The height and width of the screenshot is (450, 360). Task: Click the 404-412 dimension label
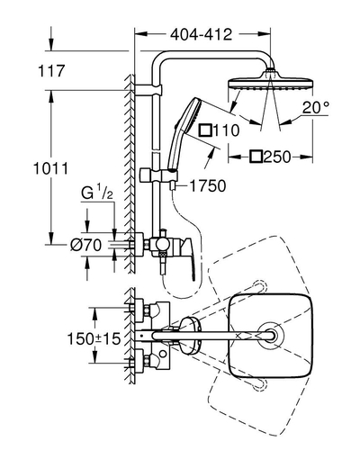[x=201, y=35]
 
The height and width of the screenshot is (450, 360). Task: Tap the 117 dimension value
[x=51, y=71]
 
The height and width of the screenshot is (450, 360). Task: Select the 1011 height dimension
[x=50, y=168]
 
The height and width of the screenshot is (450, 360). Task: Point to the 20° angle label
[x=316, y=107]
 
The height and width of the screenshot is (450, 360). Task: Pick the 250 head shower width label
[x=277, y=157]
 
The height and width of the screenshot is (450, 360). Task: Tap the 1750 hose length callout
[x=208, y=185]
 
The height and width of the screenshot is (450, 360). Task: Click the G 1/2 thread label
[x=97, y=193]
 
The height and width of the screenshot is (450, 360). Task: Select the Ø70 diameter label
[x=85, y=246]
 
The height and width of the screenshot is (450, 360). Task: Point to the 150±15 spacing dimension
[x=94, y=339]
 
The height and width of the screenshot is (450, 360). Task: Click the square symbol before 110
[x=206, y=130]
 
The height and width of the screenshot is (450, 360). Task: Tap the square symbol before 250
[x=256, y=157]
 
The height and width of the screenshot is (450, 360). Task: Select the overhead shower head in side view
[x=271, y=83]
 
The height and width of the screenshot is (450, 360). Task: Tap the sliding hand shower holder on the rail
[x=159, y=175]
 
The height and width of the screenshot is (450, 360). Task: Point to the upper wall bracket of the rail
[x=148, y=90]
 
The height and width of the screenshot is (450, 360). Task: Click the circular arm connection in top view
[x=271, y=336]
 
